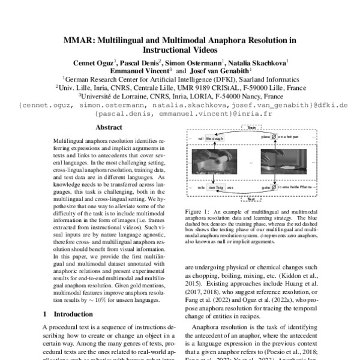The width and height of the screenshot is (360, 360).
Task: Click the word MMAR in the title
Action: click(x=79, y=41)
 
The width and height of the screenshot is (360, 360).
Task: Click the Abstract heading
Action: click(x=109, y=127)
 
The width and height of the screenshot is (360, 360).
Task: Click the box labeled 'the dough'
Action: click(x=214, y=138)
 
